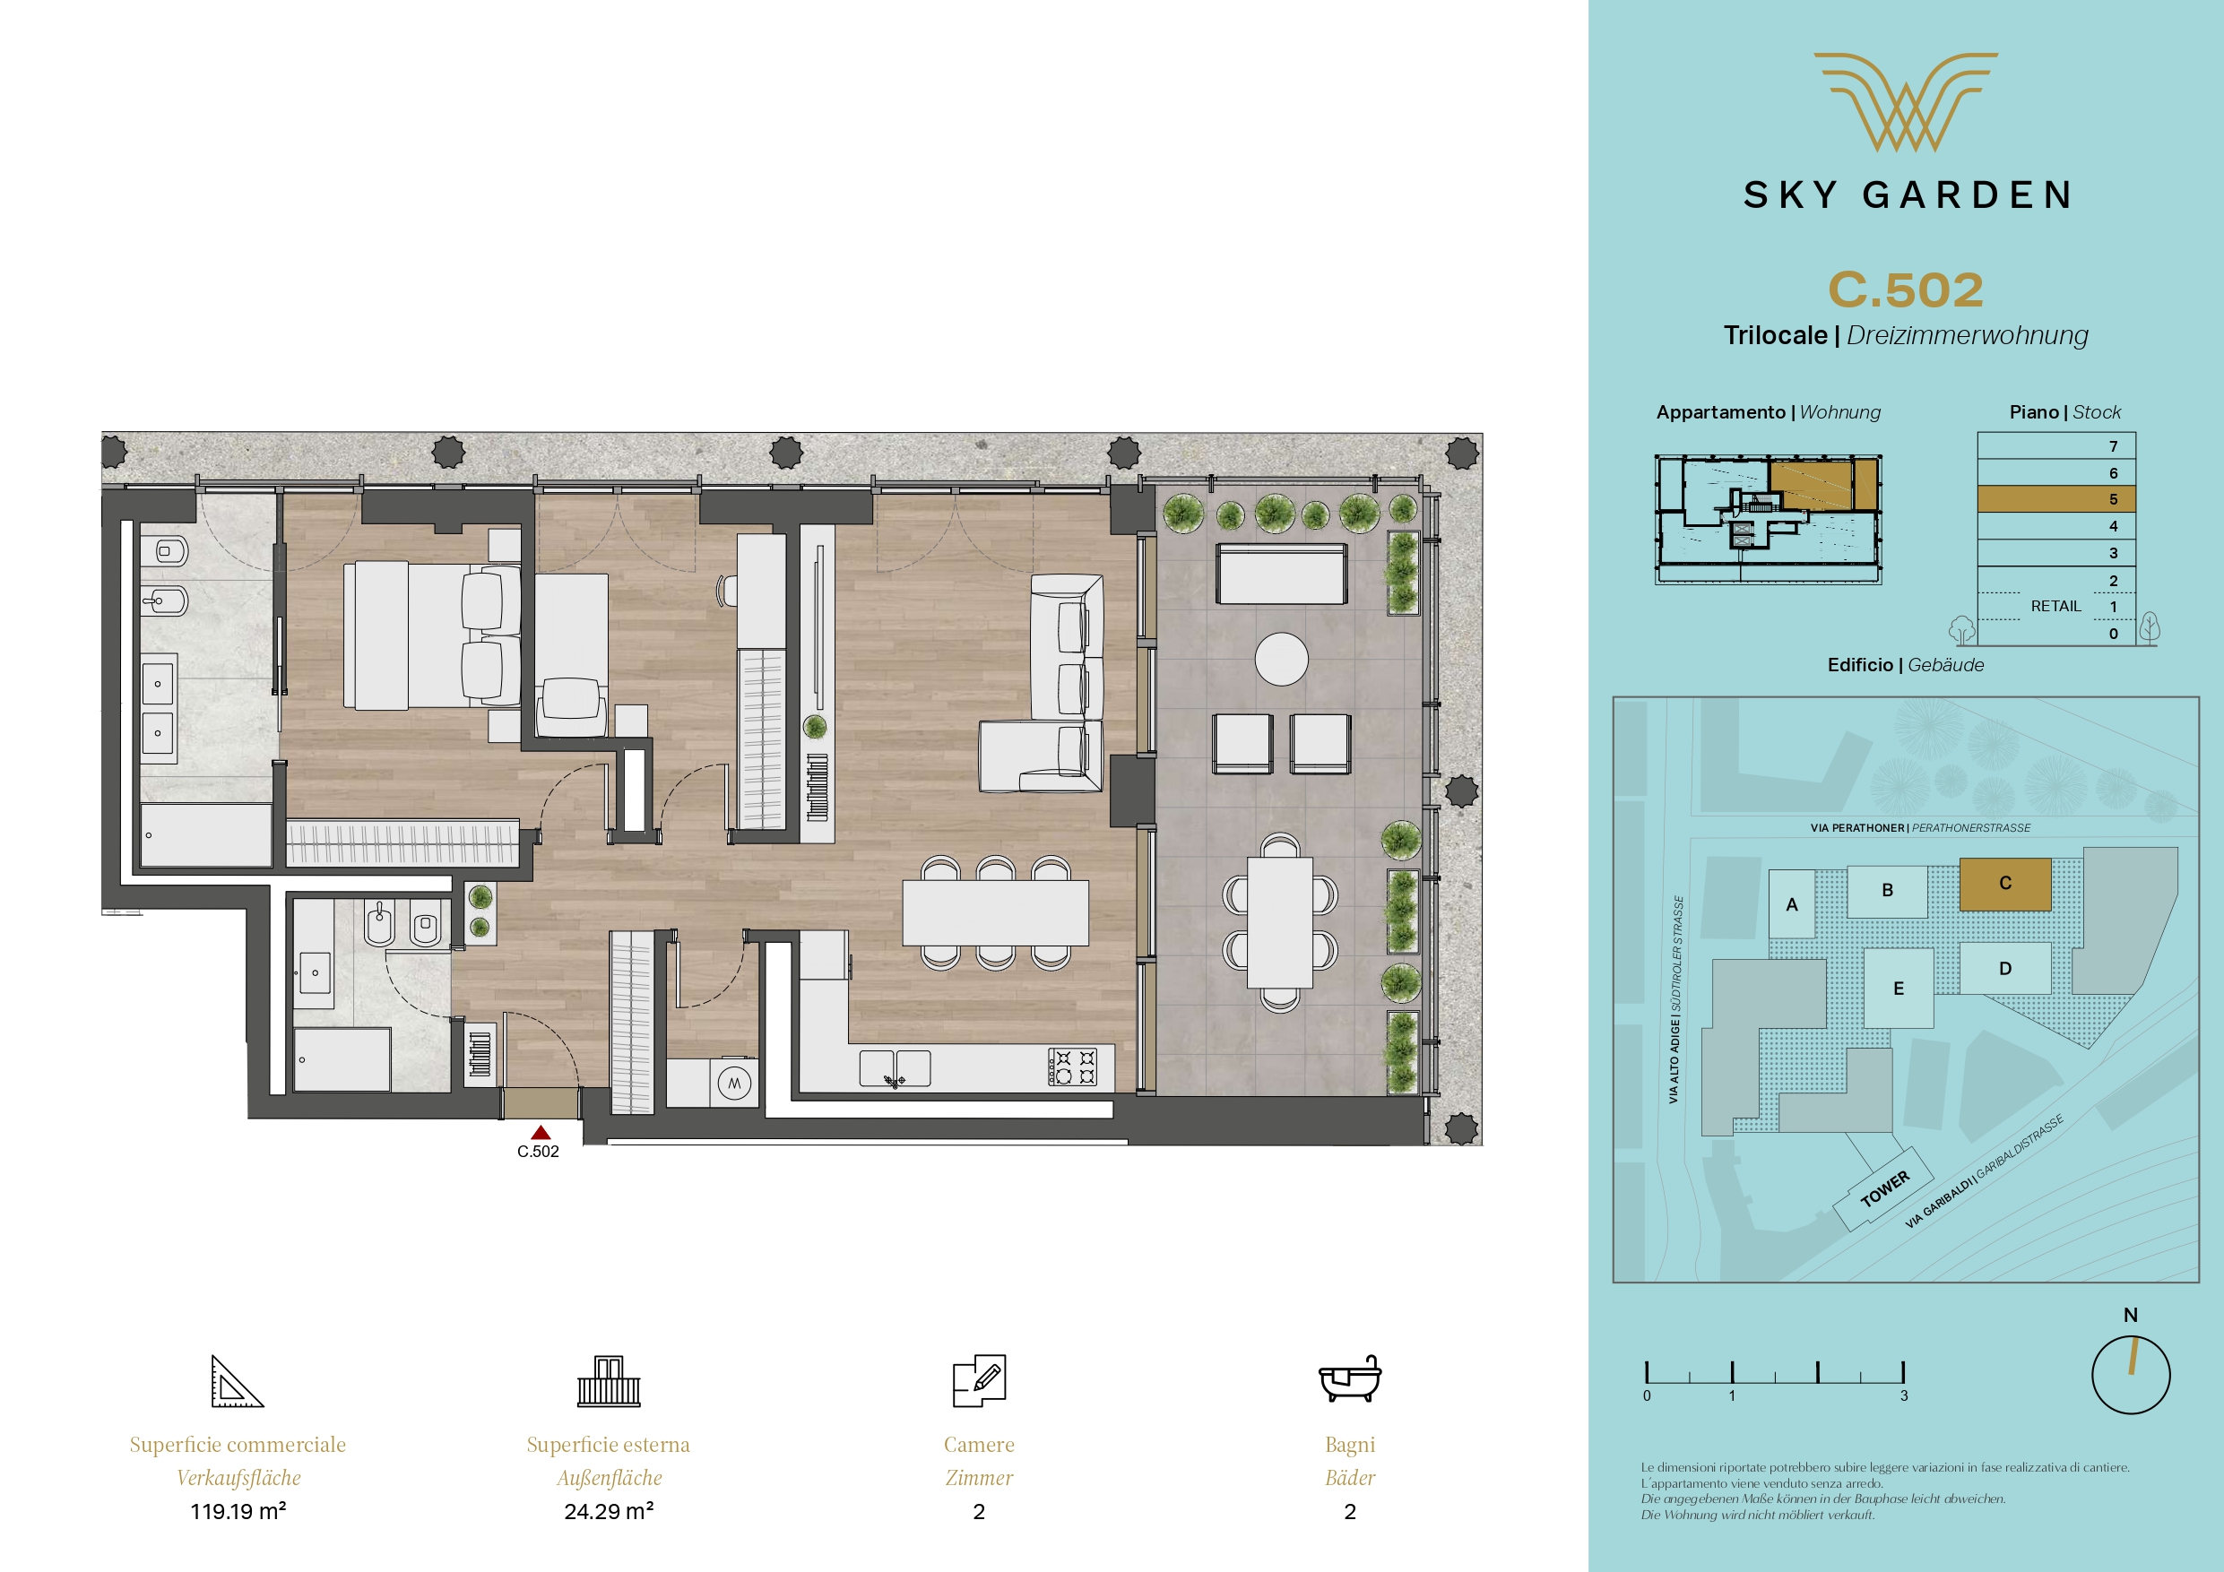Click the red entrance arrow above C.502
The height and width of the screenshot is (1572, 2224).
point(541,1132)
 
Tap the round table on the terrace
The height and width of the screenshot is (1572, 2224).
point(1282,659)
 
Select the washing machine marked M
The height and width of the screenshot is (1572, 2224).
point(734,1083)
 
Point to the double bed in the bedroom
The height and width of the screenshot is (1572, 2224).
point(432,635)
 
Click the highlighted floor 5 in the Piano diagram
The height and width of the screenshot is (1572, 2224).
point(2056,499)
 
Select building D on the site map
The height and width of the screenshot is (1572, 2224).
point(2005,969)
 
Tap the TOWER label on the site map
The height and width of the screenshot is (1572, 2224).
point(1885,1188)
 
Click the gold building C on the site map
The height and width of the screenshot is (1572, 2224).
point(2005,884)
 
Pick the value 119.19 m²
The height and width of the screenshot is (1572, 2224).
point(238,1511)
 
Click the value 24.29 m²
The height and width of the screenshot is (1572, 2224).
point(609,1511)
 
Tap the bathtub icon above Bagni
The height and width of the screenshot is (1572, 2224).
point(1350,1379)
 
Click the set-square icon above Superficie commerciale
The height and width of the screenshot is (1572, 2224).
point(238,1380)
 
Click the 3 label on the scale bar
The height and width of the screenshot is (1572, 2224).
point(1903,1395)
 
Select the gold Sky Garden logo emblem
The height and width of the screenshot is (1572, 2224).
point(1907,101)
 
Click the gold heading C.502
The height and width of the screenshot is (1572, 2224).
point(1907,289)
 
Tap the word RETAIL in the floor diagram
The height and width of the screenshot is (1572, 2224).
point(2055,607)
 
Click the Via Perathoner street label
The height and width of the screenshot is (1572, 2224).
point(1920,828)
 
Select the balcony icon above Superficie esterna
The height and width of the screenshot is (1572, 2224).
point(609,1380)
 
